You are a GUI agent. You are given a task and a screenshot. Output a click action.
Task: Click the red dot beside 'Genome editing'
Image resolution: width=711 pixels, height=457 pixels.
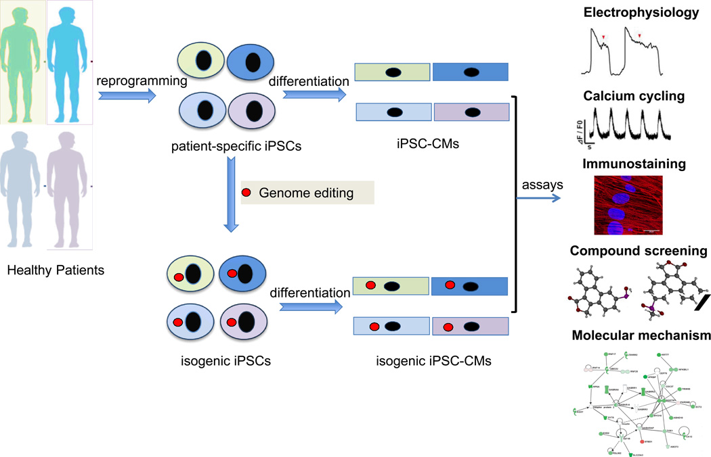pyautogui.click(x=246, y=193)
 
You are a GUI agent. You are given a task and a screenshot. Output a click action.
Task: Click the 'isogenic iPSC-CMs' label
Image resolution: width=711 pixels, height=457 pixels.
pyautogui.click(x=434, y=360)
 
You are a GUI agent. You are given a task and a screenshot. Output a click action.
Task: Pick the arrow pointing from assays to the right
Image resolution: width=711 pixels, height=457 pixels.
pyautogui.click(x=538, y=197)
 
